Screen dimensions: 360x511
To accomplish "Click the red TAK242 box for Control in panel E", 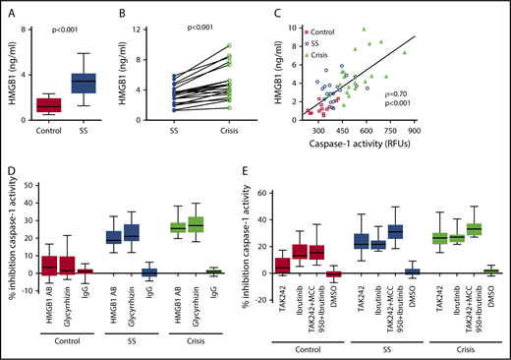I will pos(283,263).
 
